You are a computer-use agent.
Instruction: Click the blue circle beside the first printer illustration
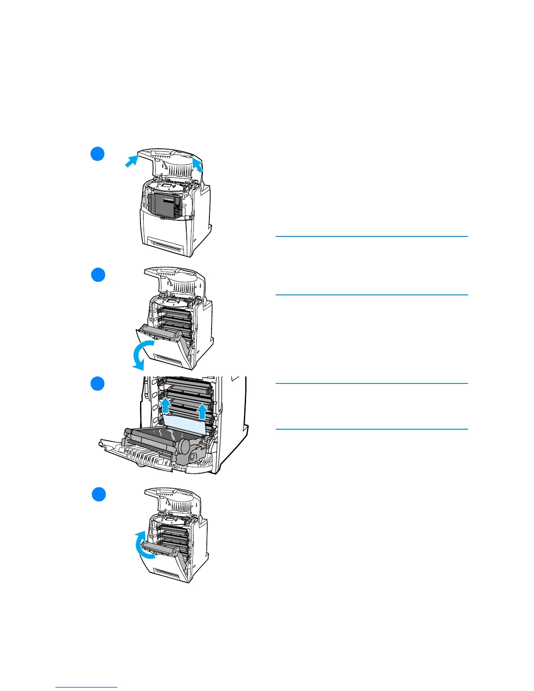pos(98,154)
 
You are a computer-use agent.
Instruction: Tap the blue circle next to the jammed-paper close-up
pos(98,383)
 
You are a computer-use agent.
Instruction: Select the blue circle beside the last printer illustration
pos(99,494)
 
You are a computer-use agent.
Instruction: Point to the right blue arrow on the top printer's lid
pos(197,165)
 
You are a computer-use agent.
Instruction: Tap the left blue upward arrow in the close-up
pos(165,404)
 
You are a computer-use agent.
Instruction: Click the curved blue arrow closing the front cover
pos(143,545)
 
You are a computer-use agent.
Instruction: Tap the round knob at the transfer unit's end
pos(185,447)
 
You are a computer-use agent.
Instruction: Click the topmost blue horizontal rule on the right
pos(372,236)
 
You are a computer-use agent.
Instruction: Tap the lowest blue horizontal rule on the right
pos(372,429)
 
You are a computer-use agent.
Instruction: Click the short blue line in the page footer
pos(87,687)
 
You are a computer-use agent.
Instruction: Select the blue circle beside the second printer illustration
pos(98,275)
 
